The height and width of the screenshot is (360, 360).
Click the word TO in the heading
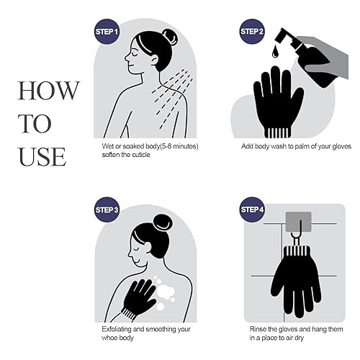[35, 123]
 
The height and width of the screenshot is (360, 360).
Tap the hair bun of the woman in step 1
[169, 37]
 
